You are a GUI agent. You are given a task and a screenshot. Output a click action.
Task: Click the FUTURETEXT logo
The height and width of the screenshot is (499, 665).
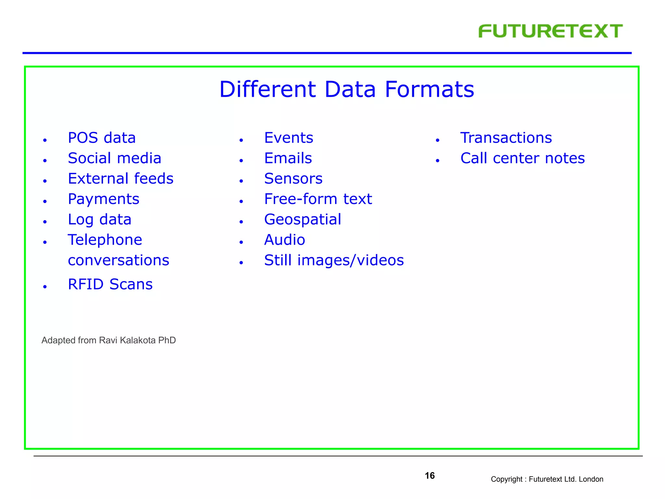point(550,31)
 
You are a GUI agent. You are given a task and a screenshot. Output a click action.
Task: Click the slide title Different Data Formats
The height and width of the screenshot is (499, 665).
point(346,89)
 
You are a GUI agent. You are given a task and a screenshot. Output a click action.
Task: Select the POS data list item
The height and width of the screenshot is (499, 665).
point(102,138)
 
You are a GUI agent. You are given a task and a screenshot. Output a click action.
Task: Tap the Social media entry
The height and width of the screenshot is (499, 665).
point(114,158)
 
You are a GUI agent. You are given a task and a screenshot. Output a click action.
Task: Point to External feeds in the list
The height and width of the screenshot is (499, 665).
point(120,179)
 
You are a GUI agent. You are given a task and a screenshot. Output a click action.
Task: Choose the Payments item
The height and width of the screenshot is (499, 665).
point(104,199)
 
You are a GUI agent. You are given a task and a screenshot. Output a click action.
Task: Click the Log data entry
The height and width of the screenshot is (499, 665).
point(99,220)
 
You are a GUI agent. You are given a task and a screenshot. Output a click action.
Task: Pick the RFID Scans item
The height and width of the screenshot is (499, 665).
point(110,284)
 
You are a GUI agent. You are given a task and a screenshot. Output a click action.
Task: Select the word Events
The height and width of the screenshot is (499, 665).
point(289,138)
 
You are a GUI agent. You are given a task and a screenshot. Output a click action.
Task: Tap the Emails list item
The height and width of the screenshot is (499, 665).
point(288,158)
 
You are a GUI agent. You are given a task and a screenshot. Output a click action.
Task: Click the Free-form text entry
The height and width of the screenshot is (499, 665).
point(318,199)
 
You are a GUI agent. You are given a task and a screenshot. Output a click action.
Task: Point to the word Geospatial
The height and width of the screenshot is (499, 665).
point(303,220)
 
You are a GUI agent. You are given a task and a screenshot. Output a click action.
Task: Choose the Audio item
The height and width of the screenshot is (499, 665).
point(284,240)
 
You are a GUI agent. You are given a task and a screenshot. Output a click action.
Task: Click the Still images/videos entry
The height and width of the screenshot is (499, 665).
point(334,260)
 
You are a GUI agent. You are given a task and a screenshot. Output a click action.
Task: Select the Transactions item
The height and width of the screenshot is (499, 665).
point(506,138)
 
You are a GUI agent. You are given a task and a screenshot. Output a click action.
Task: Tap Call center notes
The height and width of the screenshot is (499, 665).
point(522,158)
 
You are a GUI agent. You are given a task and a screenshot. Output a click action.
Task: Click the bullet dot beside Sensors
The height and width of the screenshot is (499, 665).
point(241,181)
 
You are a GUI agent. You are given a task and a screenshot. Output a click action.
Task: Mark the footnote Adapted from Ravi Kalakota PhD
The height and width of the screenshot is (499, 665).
point(108,340)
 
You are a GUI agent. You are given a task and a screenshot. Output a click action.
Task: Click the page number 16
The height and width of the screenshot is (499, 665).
point(430,476)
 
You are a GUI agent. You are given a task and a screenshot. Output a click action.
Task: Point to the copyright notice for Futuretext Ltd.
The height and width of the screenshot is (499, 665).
point(547,479)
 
